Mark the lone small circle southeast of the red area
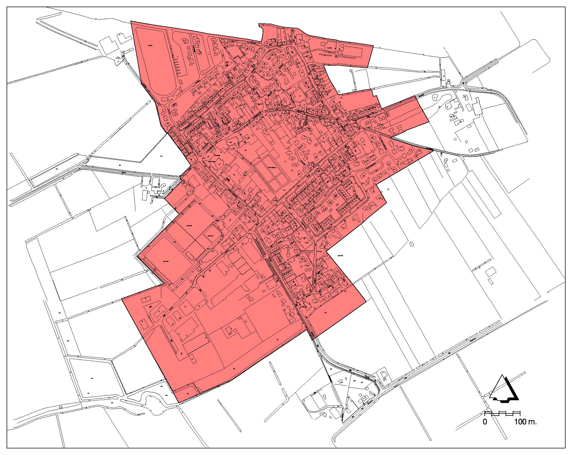[411, 244]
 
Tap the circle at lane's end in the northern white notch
[351, 71]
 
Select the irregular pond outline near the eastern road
[435, 97]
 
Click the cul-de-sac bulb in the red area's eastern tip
[406, 158]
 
